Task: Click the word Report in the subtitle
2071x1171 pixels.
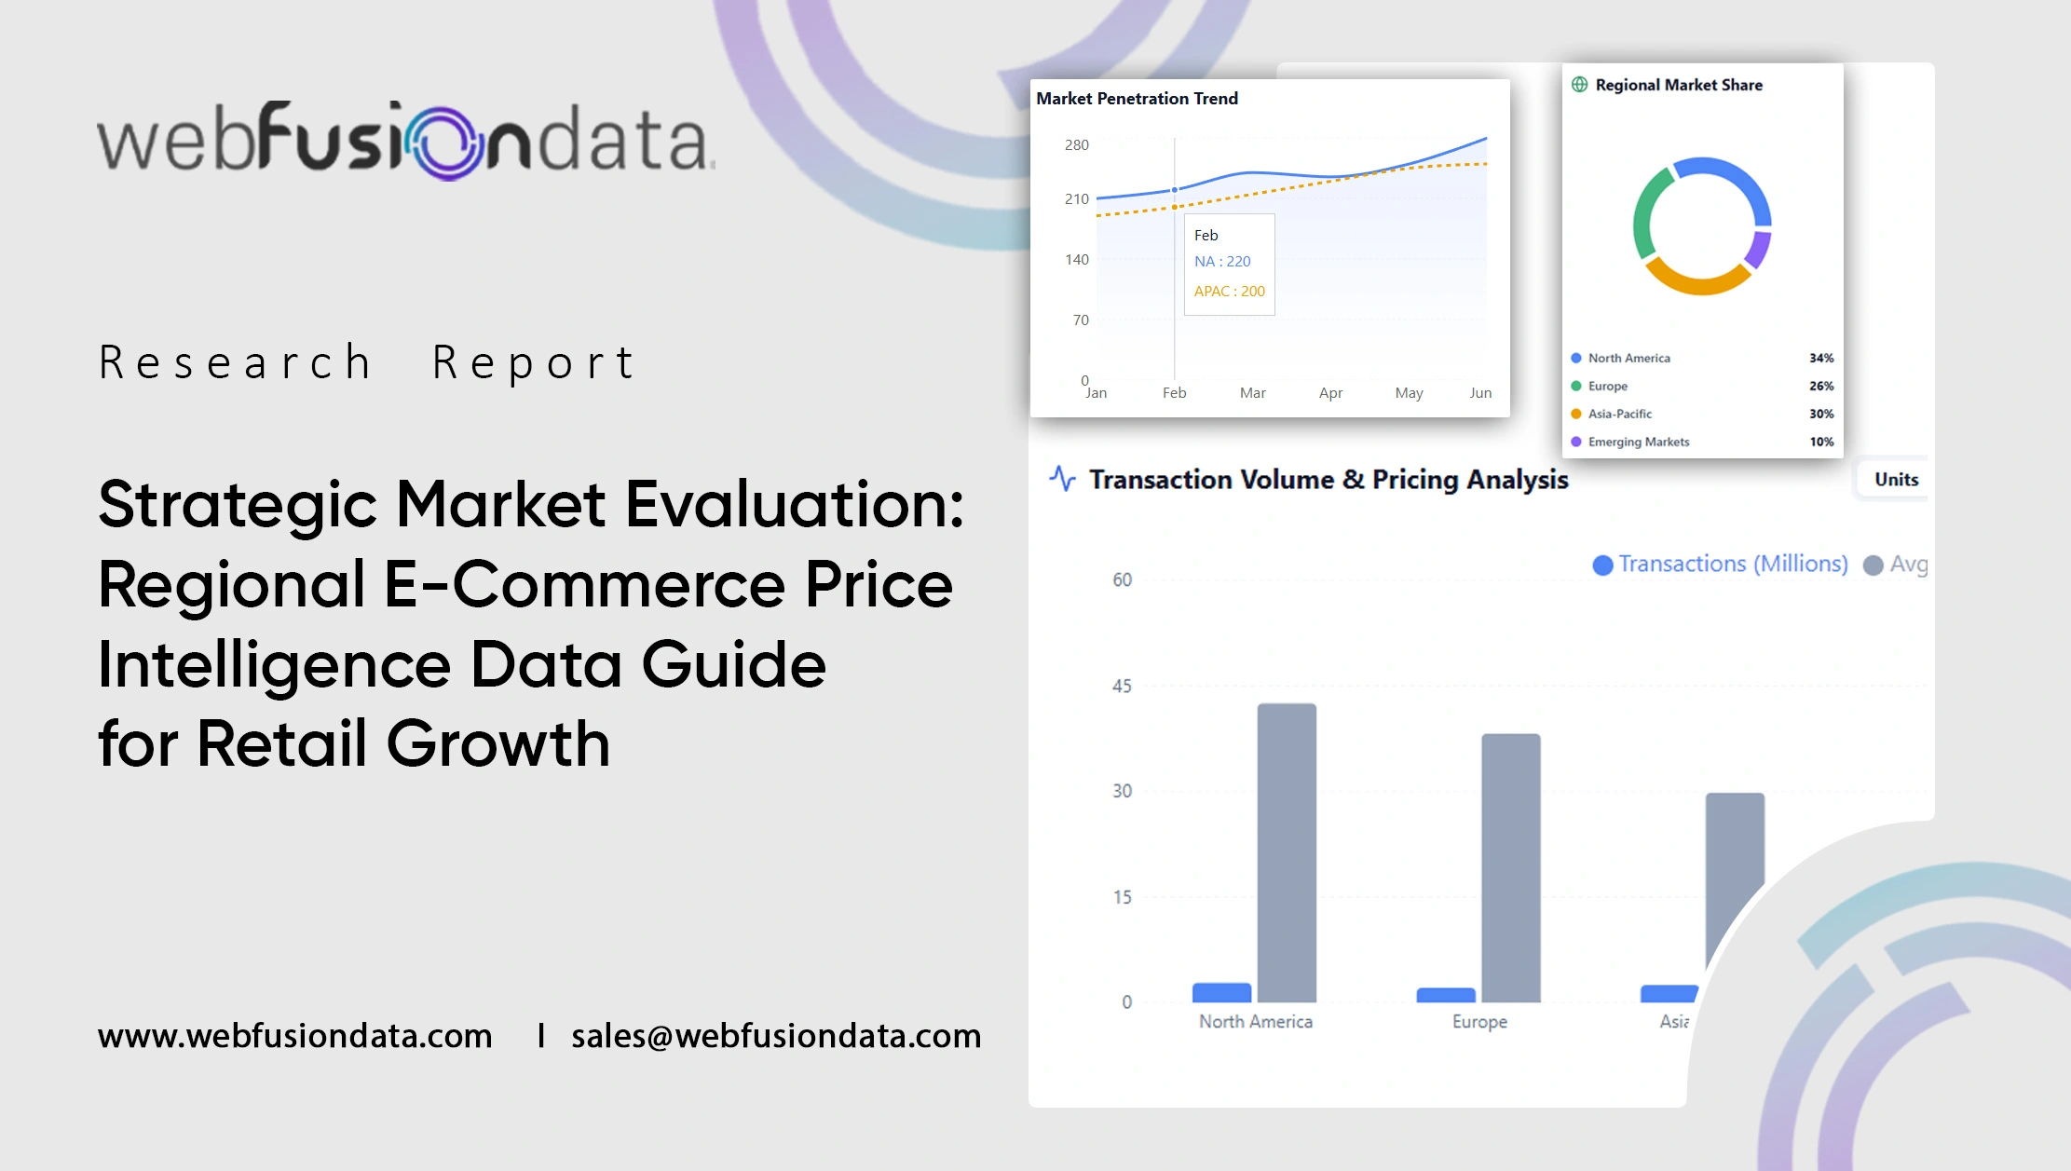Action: coord(534,362)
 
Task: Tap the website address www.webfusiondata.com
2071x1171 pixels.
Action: coord(294,1036)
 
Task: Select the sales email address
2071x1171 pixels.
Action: coord(776,1036)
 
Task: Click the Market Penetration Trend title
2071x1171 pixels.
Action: coord(1137,99)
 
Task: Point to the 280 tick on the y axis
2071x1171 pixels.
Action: coord(1076,145)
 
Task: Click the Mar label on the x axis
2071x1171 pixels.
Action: coord(1252,393)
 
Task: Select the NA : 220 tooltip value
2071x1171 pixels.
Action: coord(1222,262)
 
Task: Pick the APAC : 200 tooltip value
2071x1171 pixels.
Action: coord(1229,292)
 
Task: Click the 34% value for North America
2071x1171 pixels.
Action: coord(1820,359)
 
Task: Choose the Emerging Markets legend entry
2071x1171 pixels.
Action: coord(1638,443)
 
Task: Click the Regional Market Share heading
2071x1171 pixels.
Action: coord(1678,86)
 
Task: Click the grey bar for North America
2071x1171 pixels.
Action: coord(1286,852)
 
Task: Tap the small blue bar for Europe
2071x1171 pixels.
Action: coord(1445,995)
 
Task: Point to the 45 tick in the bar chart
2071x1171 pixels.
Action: coord(1122,687)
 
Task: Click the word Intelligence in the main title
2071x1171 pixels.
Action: coord(274,665)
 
